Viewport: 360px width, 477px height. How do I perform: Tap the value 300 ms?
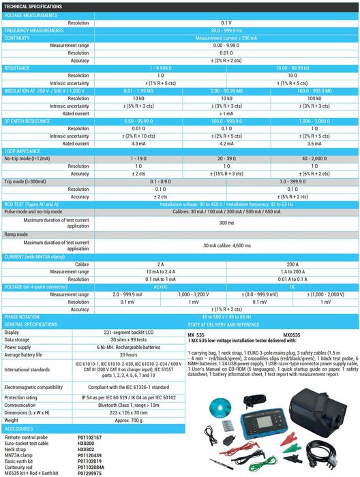coord(226,223)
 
